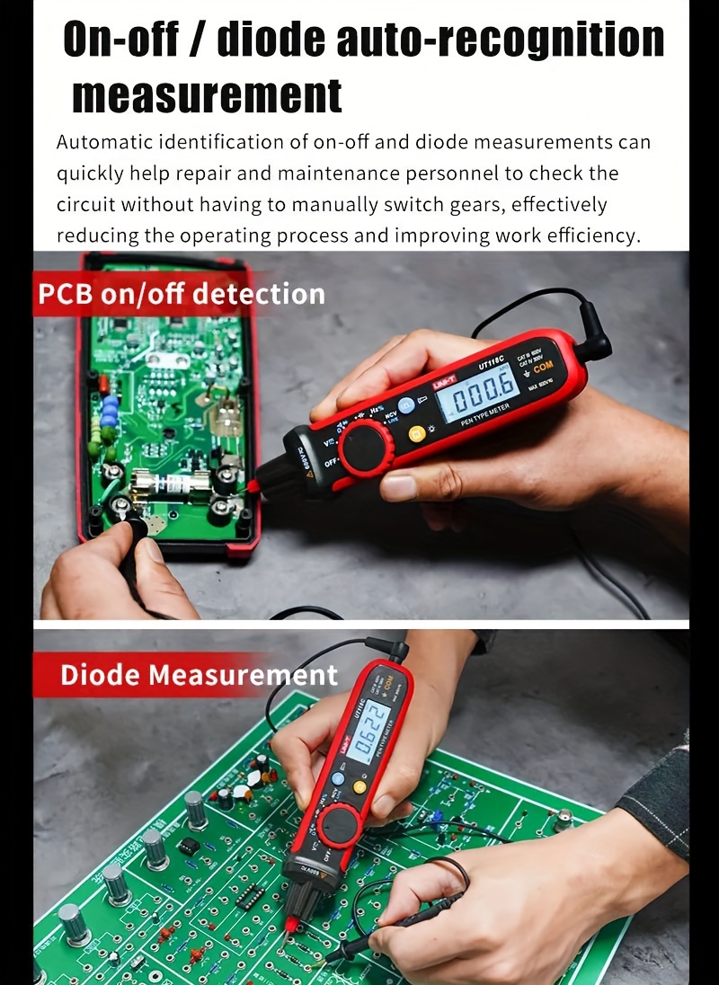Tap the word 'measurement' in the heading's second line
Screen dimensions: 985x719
(208, 95)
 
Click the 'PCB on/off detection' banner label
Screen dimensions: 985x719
(181, 294)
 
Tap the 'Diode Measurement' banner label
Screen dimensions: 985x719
(199, 675)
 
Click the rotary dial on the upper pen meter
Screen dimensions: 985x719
(366, 447)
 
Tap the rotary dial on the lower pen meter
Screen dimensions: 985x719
(340, 825)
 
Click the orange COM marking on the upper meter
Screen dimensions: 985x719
(544, 368)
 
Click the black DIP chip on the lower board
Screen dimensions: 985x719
(249, 896)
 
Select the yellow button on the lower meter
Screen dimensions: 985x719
(360, 786)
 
